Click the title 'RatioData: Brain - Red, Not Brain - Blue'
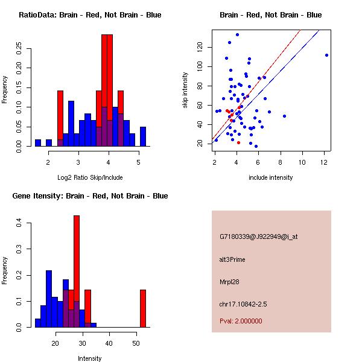point(90,15)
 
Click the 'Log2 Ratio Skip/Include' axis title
point(90,177)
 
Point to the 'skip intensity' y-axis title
point(186,91)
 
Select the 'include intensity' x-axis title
point(271,177)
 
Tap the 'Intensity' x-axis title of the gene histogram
point(90,358)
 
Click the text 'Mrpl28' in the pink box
point(230,282)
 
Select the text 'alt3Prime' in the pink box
point(233,259)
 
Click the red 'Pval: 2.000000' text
point(241,321)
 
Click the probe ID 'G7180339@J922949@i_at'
point(259,237)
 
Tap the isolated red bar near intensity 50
point(143,308)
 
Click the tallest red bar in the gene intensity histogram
point(77,271)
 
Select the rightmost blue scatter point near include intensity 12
point(326,55)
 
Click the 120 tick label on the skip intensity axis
point(199,47)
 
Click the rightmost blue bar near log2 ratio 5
point(143,136)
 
